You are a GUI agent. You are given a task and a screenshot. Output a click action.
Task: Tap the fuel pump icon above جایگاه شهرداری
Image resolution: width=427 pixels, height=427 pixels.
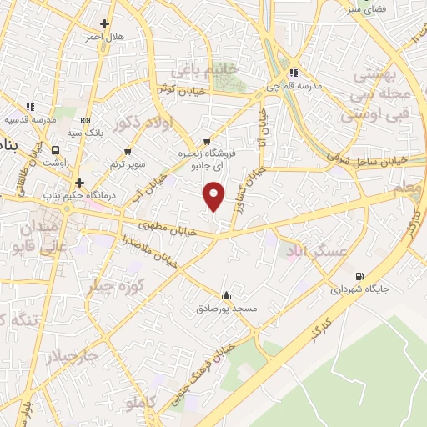(359, 276)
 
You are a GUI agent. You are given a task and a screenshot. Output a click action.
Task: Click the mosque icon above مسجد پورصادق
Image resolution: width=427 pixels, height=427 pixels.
(226, 295)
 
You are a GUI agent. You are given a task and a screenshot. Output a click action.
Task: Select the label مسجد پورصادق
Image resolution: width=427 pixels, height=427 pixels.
(234, 309)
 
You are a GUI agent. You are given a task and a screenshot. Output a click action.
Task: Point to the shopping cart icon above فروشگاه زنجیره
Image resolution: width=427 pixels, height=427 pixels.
(207, 142)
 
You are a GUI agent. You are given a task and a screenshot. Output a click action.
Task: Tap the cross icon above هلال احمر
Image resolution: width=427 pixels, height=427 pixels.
(104, 24)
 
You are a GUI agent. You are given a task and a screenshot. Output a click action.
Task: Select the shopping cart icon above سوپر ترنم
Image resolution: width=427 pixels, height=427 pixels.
(128, 151)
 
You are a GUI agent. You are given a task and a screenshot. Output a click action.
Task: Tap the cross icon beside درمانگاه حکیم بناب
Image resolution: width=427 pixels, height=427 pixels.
(79, 183)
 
